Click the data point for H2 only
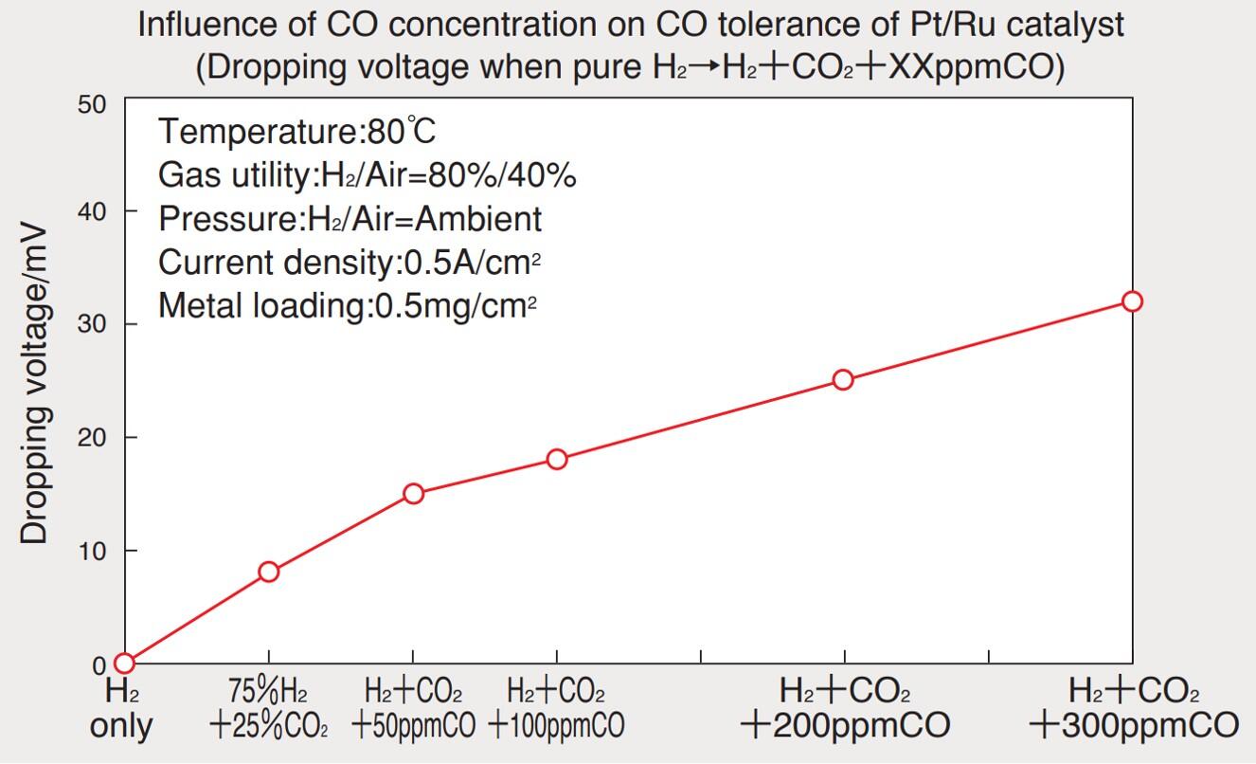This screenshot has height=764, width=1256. click(124, 663)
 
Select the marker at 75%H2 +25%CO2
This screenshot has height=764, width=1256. click(269, 572)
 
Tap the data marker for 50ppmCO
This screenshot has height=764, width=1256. click(413, 493)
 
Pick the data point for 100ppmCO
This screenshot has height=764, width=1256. click(557, 460)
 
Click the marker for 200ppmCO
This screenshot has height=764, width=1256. click(843, 380)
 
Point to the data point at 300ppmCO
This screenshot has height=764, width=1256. click(1132, 301)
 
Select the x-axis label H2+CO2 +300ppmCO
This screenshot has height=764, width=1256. click(1133, 708)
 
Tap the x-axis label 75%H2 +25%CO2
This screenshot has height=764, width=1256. click(269, 708)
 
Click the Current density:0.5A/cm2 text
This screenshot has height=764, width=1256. click(355, 262)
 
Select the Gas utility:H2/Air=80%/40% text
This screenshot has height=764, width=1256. click(368, 175)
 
